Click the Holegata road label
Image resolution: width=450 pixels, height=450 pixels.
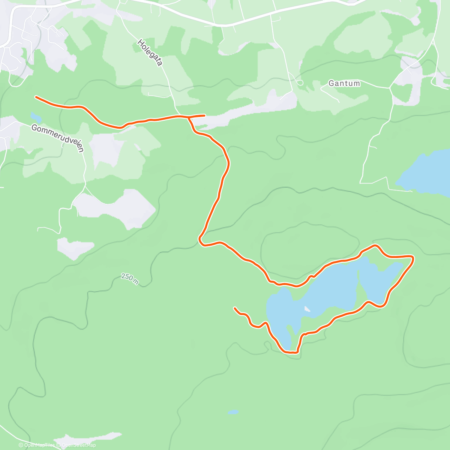[150, 53]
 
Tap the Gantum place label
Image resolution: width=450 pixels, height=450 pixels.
[344, 83]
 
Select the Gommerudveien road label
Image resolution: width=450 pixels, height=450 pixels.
[57, 138]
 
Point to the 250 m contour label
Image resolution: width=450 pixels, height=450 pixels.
[130, 278]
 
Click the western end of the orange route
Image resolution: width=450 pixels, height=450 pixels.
[36, 97]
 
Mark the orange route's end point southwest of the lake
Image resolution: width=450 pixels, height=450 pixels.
[234, 308]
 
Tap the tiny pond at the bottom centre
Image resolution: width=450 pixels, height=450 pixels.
[233, 412]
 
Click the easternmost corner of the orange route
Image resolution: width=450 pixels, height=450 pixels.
[413, 258]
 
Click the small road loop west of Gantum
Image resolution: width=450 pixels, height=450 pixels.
[299, 82]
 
